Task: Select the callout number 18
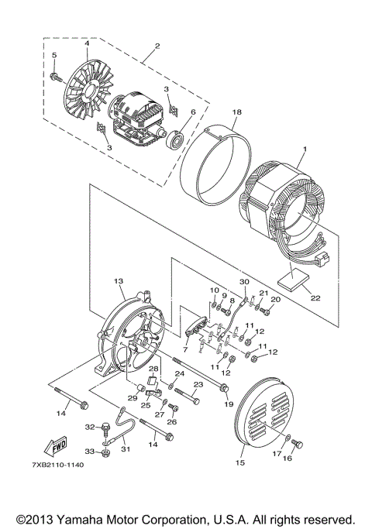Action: pyautogui.click(x=237, y=113)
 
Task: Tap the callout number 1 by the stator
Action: pyautogui.click(x=305, y=149)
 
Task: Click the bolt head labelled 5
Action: pyautogui.click(x=57, y=77)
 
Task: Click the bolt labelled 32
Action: pyautogui.click(x=103, y=427)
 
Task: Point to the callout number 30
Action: pyautogui.click(x=244, y=282)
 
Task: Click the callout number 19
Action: pyautogui.click(x=229, y=403)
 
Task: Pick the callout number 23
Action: pyautogui.click(x=198, y=384)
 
